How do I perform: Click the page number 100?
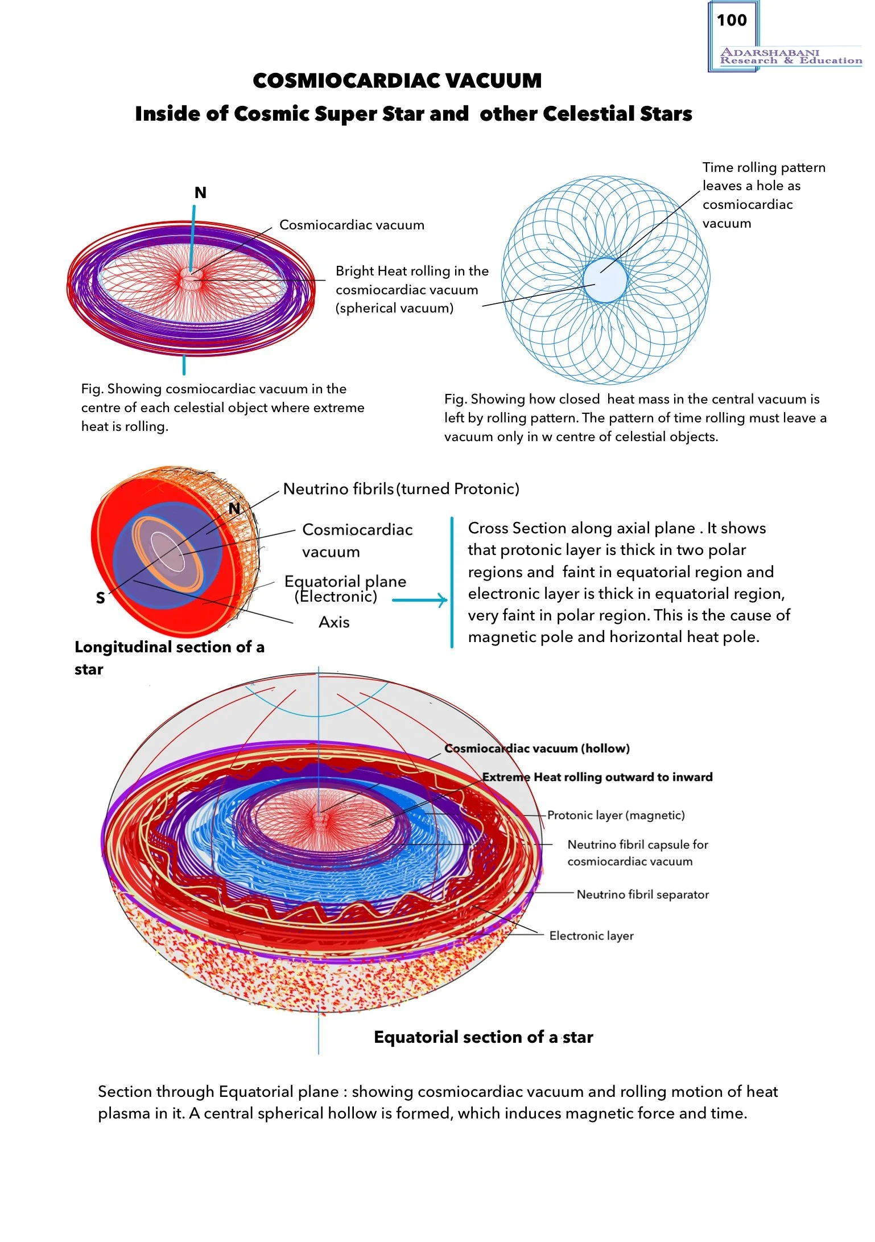coord(732,20)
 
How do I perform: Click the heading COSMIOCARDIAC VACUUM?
coord(397,81)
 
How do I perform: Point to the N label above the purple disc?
coord(200,193)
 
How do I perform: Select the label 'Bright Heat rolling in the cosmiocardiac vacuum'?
coord(411,289)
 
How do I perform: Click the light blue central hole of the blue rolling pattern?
coord(605,280)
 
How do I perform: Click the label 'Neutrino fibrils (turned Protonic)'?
coord(401,489)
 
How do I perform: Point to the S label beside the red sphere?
coord(101,598)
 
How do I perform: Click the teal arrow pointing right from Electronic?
coord(420,600)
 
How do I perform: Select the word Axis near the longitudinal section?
coord(334,622)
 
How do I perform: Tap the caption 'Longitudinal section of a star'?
coord(169,657)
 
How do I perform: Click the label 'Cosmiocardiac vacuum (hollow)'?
coord(537,749)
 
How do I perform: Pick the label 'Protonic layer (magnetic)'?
coord(616,815)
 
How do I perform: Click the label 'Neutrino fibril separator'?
coord(642,894)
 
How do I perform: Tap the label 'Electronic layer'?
coord(591,936)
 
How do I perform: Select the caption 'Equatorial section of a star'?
coord(483,1037)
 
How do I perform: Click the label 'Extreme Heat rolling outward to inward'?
coord(597,777)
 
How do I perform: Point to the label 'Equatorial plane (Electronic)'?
coord(345,589)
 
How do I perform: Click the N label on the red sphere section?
coord(234,509)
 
